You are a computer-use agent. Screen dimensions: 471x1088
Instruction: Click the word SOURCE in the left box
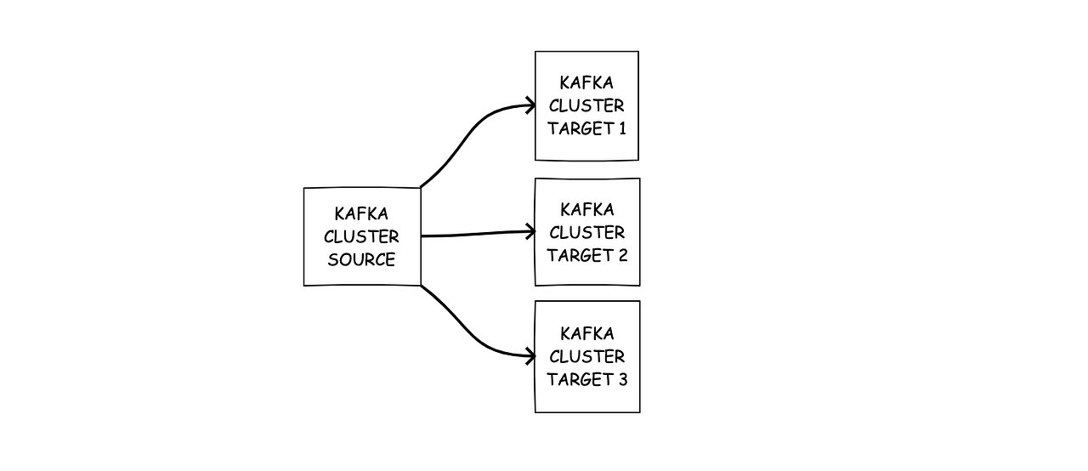coord(361,260)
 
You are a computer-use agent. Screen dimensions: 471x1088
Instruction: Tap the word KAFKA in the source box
coord(361,214)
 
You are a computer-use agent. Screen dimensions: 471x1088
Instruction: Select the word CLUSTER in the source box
coord(361,237)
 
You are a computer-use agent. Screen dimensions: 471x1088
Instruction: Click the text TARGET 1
coord(586,129)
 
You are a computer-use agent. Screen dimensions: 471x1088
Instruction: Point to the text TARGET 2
coord(586,255)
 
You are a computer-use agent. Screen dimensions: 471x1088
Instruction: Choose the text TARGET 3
coord(586,379)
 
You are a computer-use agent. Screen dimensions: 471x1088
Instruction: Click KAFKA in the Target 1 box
coord(586,83)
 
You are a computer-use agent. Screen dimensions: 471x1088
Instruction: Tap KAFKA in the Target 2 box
coord(586,209)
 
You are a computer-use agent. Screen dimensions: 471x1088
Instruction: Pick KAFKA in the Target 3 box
coord(586,333)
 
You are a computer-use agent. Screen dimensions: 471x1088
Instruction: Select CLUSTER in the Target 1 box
coord(586,106)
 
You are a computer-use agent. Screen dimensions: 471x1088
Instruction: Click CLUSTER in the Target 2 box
coord(586,232)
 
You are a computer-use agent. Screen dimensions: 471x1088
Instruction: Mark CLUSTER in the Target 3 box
coord(586,356)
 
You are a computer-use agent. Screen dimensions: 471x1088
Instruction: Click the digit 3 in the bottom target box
coord(622,379)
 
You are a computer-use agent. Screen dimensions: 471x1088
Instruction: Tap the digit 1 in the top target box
coord(621,129)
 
